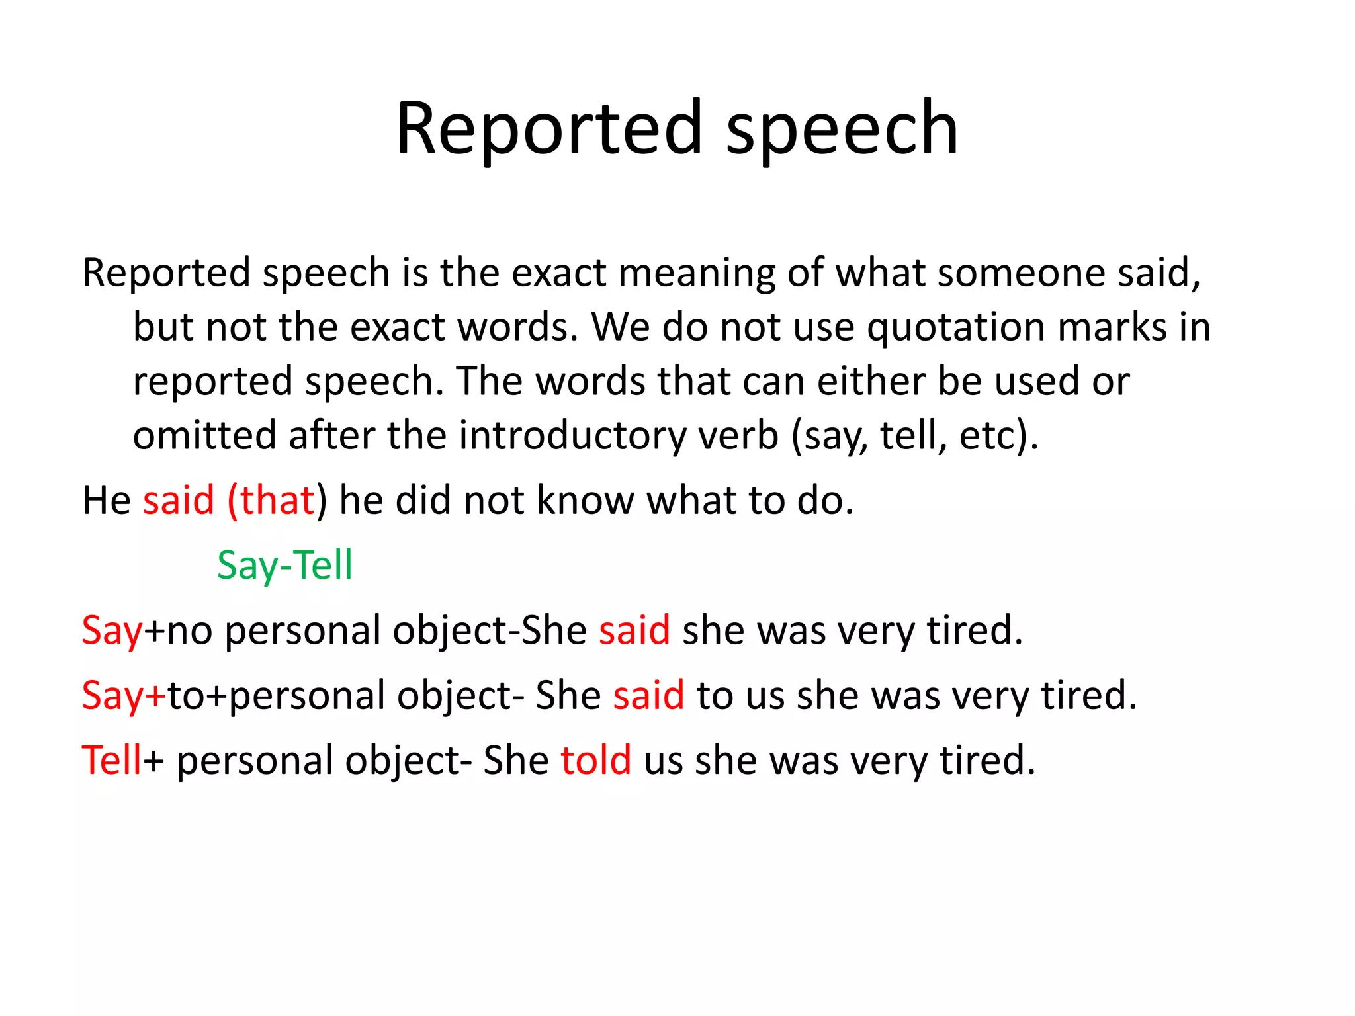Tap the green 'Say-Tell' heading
click(x=284, y=566)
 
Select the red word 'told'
click(x=595, y=760)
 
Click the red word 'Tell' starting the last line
click(x=111, y=760)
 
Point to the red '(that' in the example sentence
click(x=270, y=500)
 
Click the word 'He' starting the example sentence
click(x=107, y=500)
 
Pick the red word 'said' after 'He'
click(x=179, y=500)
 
